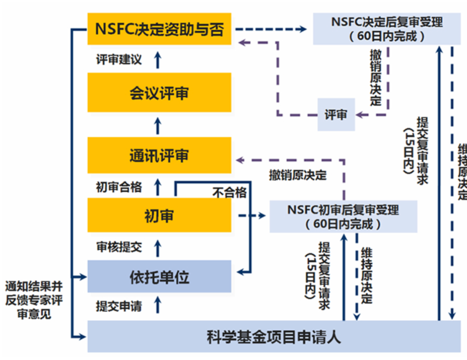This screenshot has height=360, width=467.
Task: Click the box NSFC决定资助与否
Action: coord(159,29)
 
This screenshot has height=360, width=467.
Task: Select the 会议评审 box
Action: coord(159,92)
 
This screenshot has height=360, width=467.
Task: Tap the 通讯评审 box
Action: coord(159,156)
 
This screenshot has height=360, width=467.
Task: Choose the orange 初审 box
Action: coord(159,215)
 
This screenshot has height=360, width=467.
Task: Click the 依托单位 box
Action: coord(159,277)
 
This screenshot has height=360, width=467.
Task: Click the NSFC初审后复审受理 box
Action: coord(343,217)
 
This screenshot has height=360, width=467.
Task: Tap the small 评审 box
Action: coord(336,115)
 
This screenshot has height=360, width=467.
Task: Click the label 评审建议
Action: coord(119,59)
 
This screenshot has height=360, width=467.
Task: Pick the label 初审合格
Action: coord(119,187)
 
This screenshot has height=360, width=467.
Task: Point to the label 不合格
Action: coord(229,192)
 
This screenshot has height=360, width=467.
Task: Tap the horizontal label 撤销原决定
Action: coord(297,175)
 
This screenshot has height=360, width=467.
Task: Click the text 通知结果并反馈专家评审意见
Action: coord(34,300)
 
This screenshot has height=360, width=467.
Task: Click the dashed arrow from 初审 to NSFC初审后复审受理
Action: coord(251,215)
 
